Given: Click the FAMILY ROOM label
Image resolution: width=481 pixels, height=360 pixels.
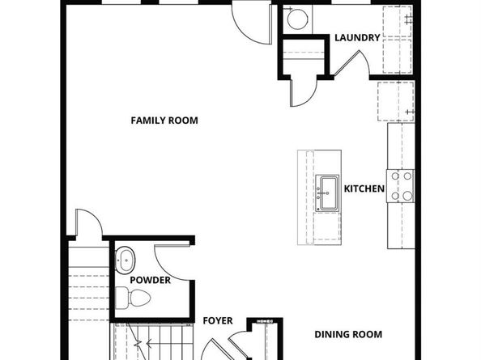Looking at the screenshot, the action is click(164, 121).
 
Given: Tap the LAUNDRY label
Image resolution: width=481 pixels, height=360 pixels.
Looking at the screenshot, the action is click(357, 38).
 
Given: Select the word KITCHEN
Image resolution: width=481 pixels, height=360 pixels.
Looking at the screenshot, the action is click(364, 188).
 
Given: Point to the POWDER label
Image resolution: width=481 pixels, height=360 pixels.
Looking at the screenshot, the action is click(151, 280).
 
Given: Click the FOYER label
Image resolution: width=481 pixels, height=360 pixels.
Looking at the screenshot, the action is click(218, 321).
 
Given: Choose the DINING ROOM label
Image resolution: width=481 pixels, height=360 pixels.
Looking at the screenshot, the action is click(348, 334).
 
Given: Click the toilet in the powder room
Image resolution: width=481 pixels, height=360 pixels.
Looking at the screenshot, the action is click(134, 298).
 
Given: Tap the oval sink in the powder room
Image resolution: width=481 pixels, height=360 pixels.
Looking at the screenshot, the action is click(126, 260).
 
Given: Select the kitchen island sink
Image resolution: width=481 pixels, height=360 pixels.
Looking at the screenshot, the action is click(328, 193).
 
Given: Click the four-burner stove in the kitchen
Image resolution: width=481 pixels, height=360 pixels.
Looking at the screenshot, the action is click(401, 186).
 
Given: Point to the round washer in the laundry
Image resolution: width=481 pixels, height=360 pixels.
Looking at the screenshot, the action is click(297, 19).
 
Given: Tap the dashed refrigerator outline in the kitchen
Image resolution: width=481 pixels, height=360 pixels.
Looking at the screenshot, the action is click(396, 101).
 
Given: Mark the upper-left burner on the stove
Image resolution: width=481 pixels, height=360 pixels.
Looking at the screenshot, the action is click(395, 176).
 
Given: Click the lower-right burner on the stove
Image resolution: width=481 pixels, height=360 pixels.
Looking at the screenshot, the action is click(407, 196).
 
